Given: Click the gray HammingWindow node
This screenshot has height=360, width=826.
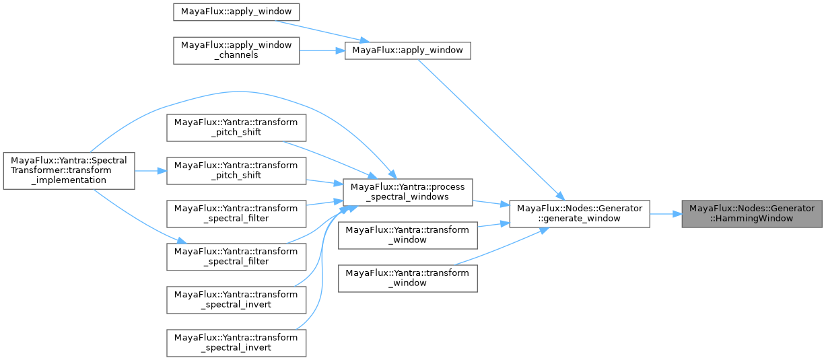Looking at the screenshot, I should [x=751, y=213].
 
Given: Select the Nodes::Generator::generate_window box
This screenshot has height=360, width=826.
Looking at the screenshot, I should [x=579, y=213].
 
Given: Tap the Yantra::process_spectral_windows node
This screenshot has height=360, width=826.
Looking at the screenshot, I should [x=408, y=192].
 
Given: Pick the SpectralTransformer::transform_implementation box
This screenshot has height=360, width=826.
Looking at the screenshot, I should [x=69, y=170].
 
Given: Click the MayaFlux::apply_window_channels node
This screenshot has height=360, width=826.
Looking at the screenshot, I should [x=236, y=50].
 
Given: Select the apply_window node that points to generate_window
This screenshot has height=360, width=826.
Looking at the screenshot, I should [x=407, y=50].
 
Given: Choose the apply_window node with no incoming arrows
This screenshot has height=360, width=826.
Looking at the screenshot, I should [x=236, y=11].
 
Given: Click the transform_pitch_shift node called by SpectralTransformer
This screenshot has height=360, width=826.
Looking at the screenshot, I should [x=236, y=170].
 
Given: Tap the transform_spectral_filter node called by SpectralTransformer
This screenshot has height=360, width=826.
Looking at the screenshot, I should [x=236, y=256].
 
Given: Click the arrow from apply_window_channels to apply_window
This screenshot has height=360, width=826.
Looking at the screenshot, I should [x=322, y=50].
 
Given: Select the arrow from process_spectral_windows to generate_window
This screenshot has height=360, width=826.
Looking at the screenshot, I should [x=491, y=203].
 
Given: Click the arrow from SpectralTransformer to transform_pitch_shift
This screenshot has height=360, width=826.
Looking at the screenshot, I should [x=151, y=170].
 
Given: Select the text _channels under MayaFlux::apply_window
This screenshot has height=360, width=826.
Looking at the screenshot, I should [x=236, y=55].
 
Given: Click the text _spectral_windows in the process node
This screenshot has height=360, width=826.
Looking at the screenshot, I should [x=408, y=197].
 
